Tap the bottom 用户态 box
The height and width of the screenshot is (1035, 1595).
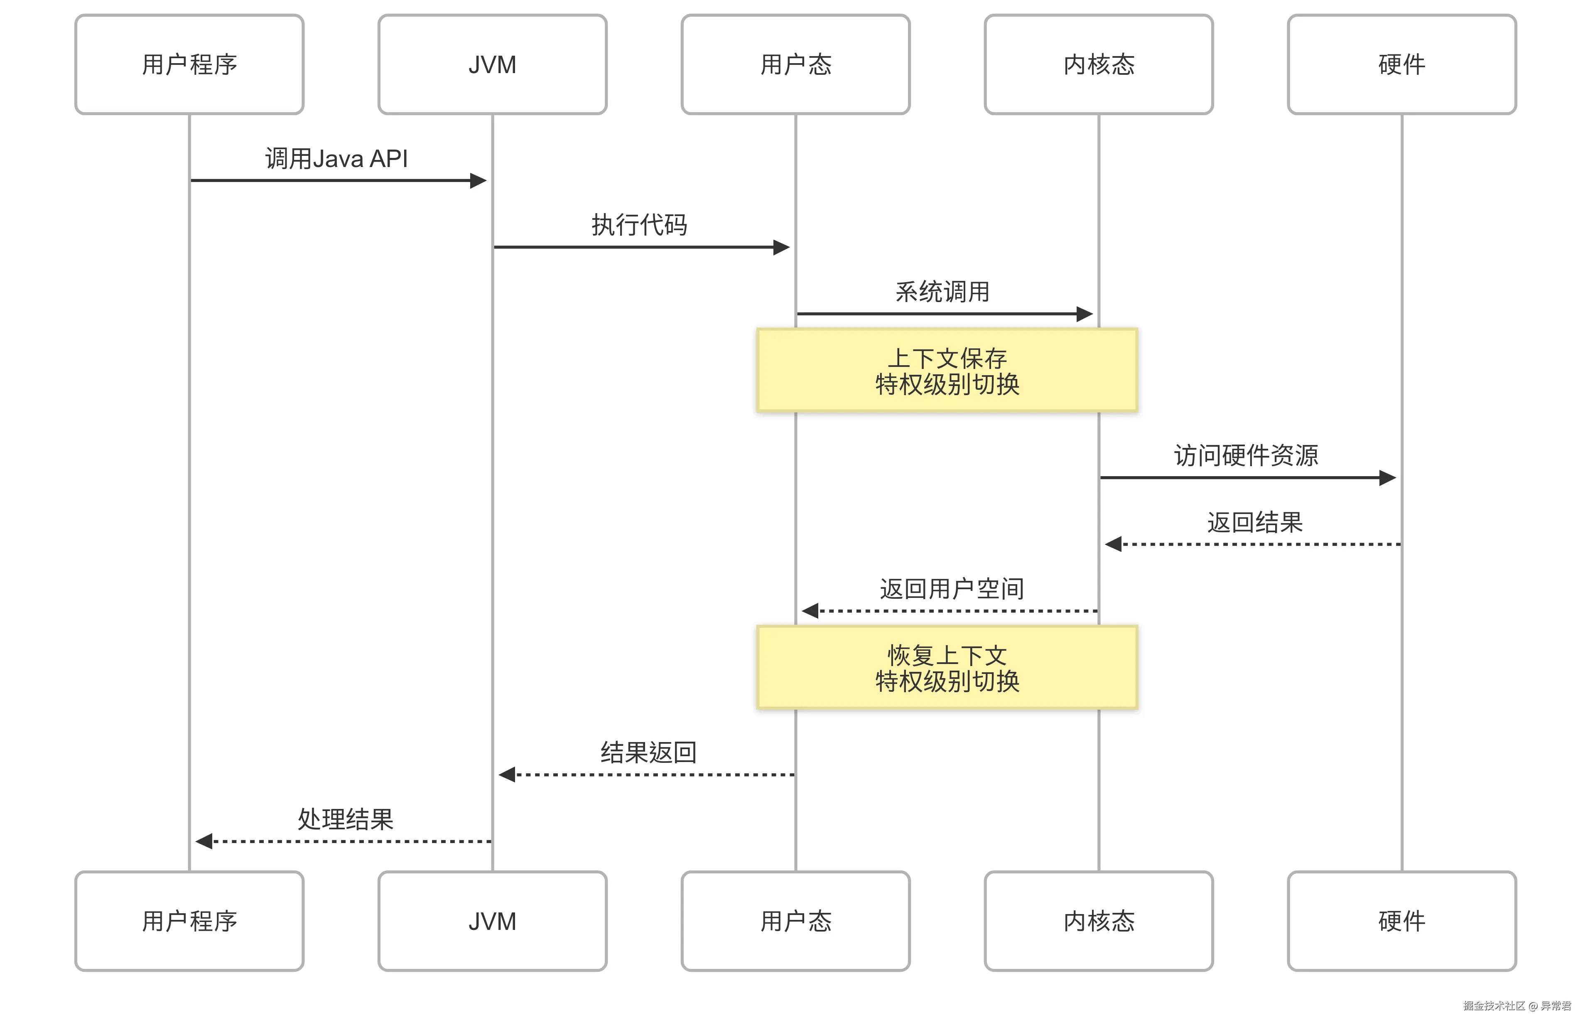[x=795, y=921]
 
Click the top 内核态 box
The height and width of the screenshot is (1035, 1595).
[x=1098, y=64]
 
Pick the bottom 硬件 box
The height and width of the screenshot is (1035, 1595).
[x=1401, y=921]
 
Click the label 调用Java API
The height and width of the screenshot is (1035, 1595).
[x=336, y=159]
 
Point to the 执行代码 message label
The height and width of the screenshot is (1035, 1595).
[x=639, y=225]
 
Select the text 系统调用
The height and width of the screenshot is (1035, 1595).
[x=942, y=292]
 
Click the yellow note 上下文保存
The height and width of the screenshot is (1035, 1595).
[x=947, y=370]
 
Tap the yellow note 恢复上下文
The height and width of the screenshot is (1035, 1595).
[x=947, y=668]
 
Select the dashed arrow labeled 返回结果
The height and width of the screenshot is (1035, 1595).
[x=1253, y=544]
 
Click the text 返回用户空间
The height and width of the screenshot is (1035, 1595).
[x=952, y=589]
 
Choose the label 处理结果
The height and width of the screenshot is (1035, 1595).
[x=345, y=819]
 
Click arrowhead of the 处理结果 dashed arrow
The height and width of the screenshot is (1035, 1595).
[x=203, y=841]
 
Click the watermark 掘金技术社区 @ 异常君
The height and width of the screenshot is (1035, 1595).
[x=1516, y=1005]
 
